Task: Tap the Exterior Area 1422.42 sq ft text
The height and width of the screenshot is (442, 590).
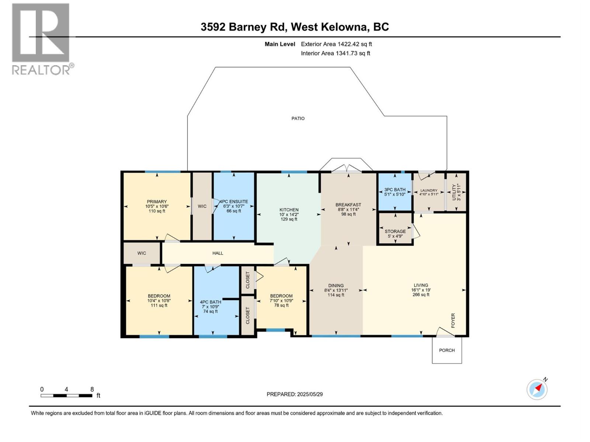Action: [336, 44]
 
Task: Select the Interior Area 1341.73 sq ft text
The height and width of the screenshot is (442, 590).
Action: [335, 53]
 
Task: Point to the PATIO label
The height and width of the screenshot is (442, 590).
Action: [298, 118]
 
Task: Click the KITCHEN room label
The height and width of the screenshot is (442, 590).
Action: [289, 210]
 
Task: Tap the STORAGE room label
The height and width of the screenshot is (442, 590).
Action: [395, 231]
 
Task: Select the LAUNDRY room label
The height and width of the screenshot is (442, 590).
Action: [428, 190]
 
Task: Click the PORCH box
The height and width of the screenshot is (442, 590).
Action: [447, 350]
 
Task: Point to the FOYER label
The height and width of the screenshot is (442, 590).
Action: [453, 320]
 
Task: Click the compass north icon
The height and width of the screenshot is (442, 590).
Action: [537, 389]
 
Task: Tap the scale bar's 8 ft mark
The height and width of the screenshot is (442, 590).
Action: [92, 389]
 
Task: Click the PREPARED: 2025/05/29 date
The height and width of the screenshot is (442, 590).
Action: [295, 394]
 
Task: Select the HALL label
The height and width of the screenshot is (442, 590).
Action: [218, 253]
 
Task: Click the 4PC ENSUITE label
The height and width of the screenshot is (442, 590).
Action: [234, 201]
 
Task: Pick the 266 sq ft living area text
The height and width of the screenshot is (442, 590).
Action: [421, 295]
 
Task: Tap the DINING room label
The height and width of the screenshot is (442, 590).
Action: [336, 285]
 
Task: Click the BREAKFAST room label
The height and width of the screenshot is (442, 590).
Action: [348, 205]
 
